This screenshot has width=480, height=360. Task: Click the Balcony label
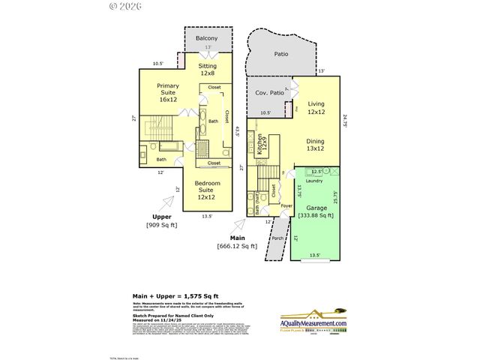(x=206, y=38)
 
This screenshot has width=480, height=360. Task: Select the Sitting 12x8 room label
(x=208, y=69)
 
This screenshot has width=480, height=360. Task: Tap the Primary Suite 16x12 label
(x=167, y=92)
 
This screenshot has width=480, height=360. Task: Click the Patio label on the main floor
(x=280, y=54)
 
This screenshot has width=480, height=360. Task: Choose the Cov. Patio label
(x=268, y=92)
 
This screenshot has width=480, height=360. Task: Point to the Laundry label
(x=314, y=180)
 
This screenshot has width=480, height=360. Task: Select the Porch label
(x=277, y=240)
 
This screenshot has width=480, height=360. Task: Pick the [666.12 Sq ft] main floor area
(x=237, y=245)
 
